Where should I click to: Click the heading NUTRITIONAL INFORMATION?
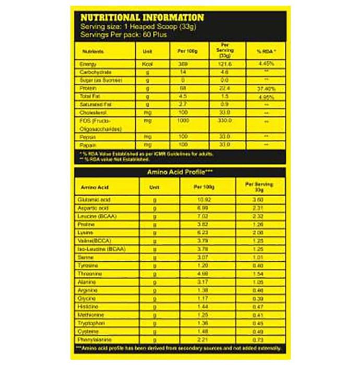(141, 18)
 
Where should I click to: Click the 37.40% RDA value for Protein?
(266, 88)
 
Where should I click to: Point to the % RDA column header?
(266, 52)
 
